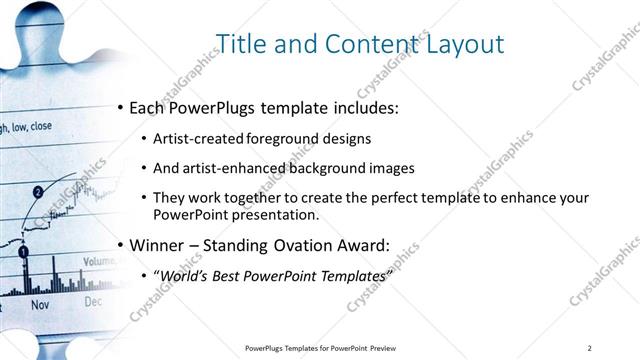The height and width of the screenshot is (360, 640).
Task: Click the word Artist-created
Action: [x=195, y=138]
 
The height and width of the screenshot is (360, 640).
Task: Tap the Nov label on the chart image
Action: [x=40, y=303]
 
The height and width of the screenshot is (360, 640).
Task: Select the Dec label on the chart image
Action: [x=92, y=300]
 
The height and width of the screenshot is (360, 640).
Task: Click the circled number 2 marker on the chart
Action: [x=38, y=190]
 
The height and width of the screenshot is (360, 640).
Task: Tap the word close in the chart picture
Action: [x=41, y=127]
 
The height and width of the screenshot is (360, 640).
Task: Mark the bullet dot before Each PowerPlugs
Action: [x=121, y=107]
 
